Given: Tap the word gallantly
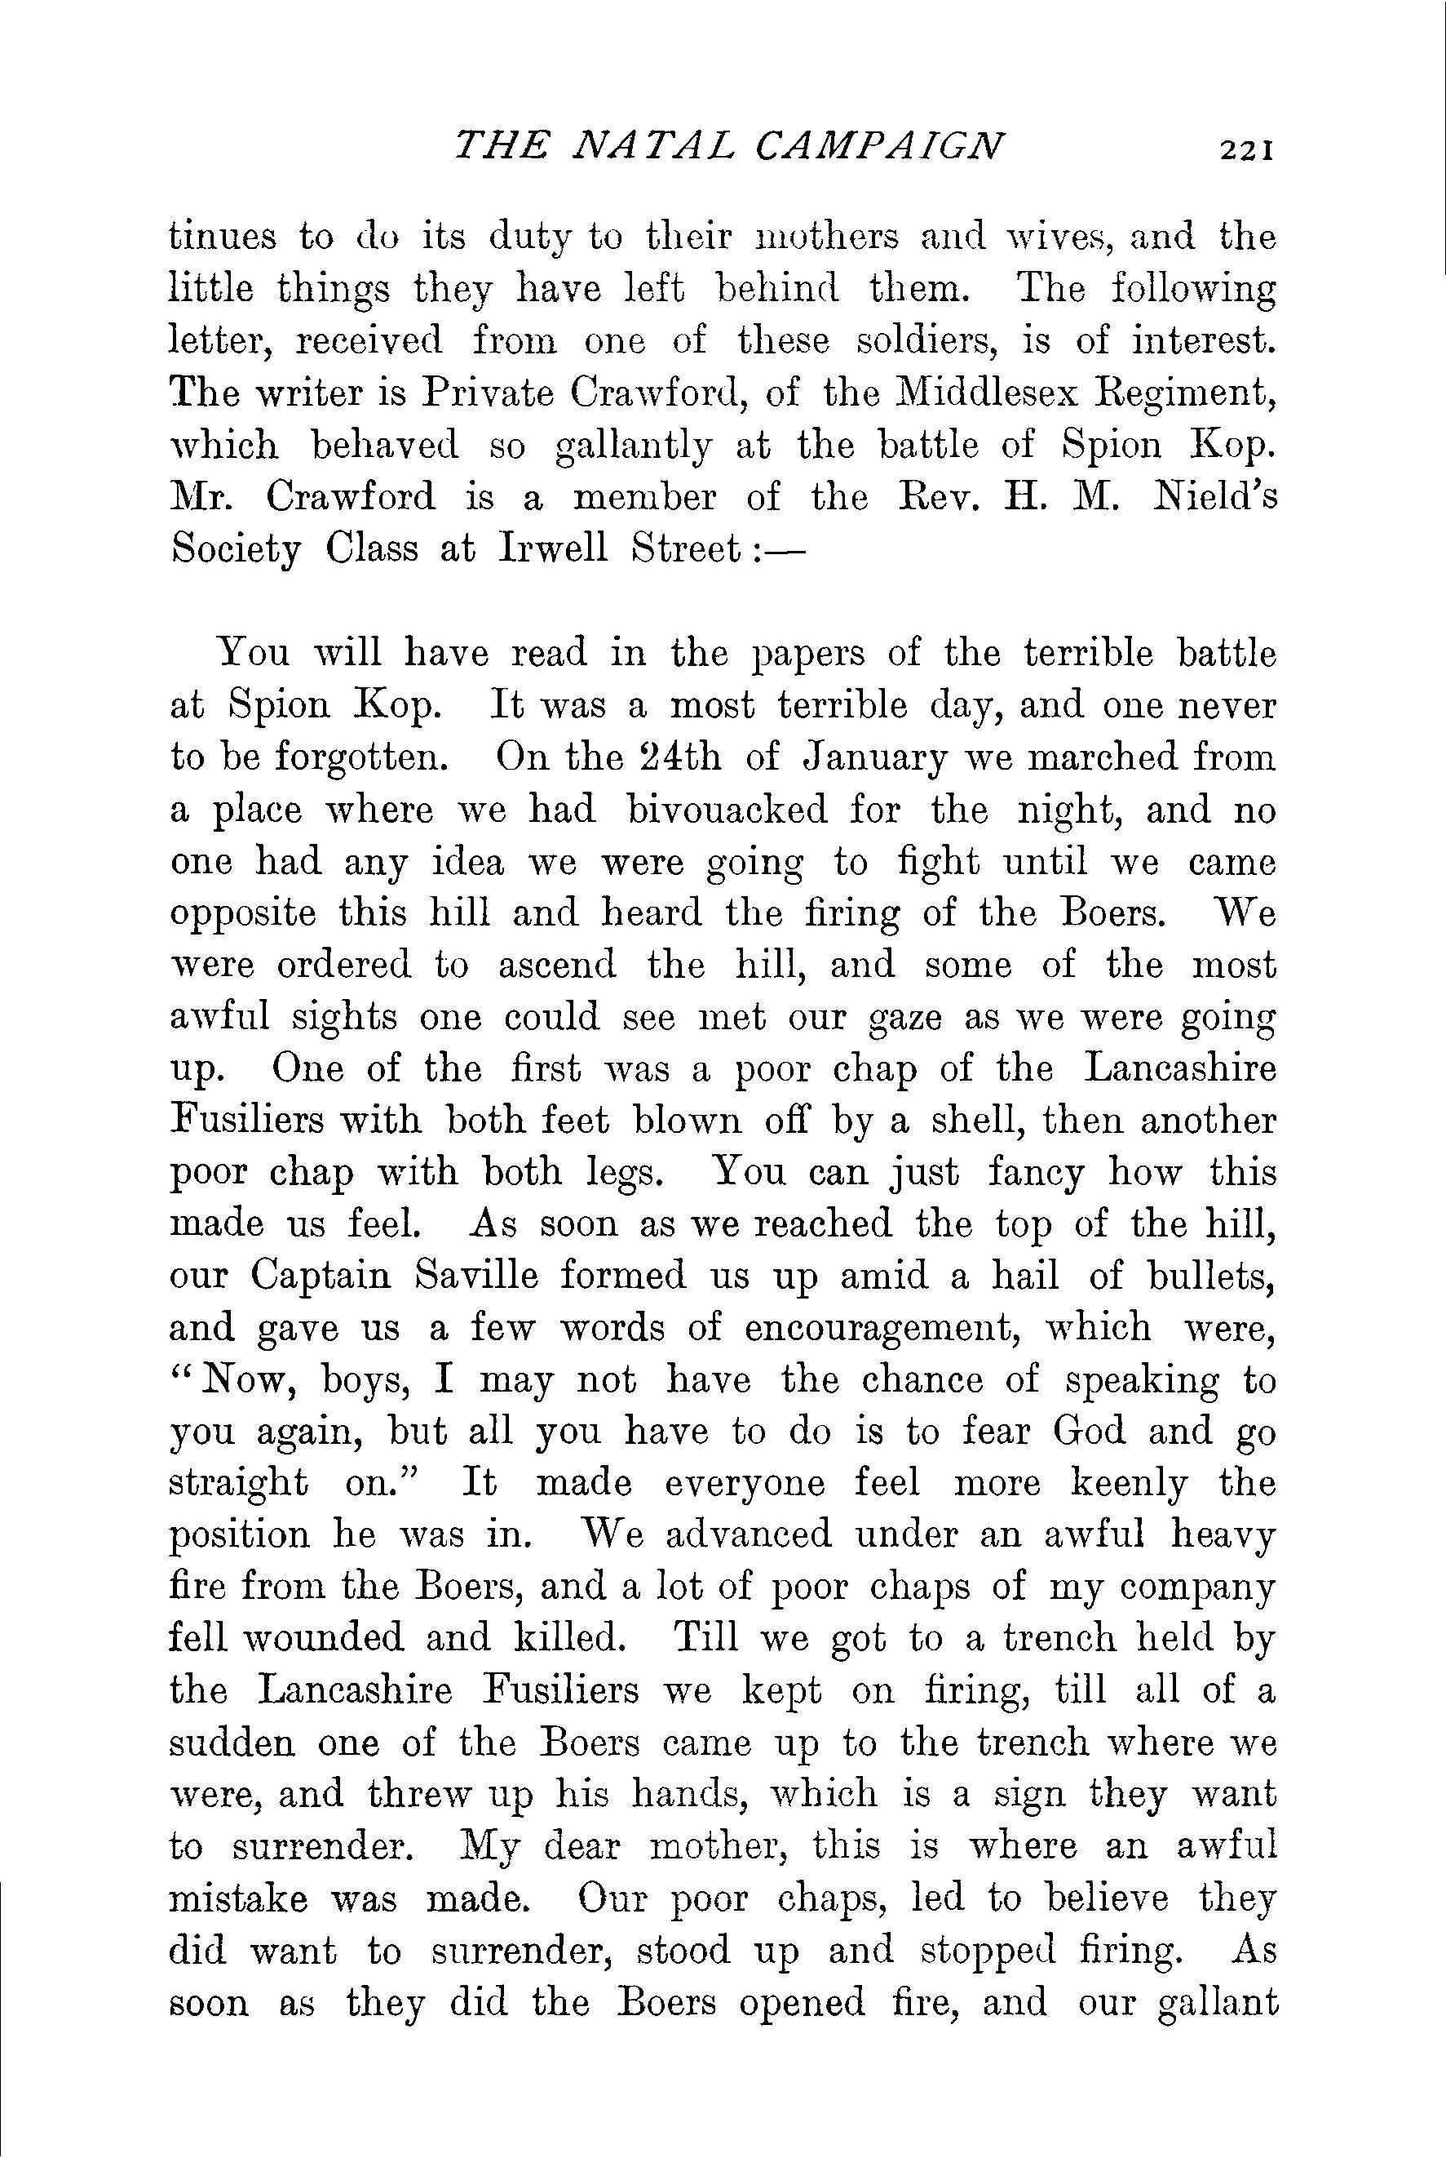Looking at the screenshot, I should click(x=635, y=447).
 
